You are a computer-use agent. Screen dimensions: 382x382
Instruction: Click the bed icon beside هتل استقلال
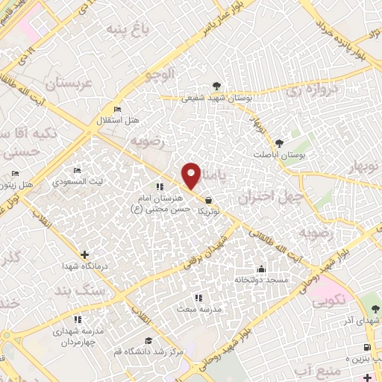point(116,110)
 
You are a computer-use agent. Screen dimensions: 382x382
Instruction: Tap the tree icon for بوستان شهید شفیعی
point(216,85)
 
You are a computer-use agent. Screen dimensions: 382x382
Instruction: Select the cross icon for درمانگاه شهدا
point(84,255)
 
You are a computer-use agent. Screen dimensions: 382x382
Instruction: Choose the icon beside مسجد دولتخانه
point(260,269)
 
